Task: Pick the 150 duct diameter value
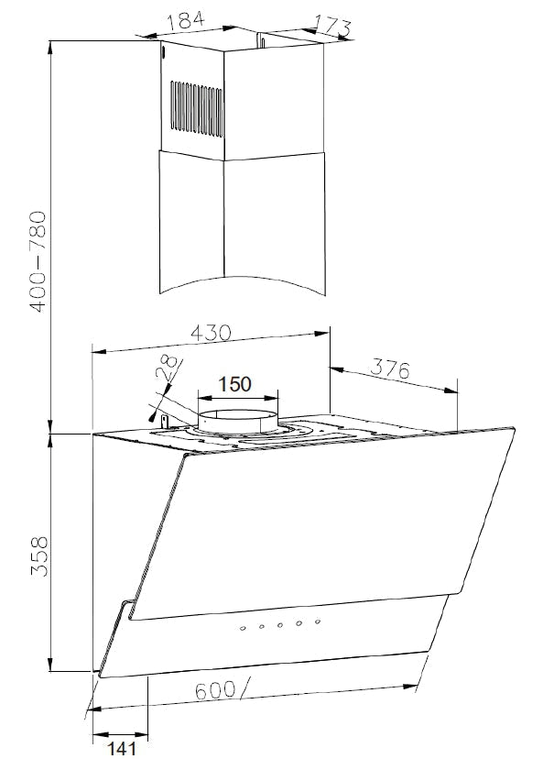click(233, 383)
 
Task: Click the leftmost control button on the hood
click(243, 628)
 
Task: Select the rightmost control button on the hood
click(317, 623)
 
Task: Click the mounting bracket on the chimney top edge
click(262, 42)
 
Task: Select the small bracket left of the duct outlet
click(165, 420)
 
